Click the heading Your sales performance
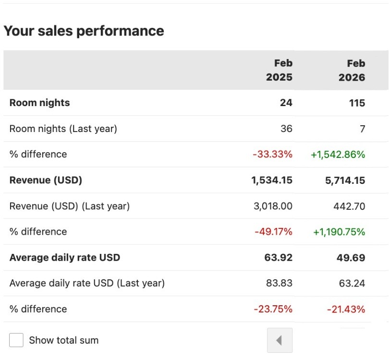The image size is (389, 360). pyautogui.click(x=84, y=31)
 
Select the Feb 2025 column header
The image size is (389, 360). pyautogui.click(x=279, y=70)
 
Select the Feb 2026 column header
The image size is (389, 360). pyautogui.click(x=352, y=70)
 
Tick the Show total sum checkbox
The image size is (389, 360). pyautogui.click(x=16, y=340)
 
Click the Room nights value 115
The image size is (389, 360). pyautogui.click(x=356, y=103)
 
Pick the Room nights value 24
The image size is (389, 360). pyautogui.click(x=286, y=103)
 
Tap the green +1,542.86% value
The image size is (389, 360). pyautogui.click(x=338, y=154)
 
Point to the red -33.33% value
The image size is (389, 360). pyautogui.click(x=272, y=154)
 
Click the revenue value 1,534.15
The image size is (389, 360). pyautogui.click(x=272, y=180)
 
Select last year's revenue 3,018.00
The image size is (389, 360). pyautogui.click(x=273, y=206)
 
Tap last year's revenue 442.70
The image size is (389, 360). pyautogui.click(x=349, y=206)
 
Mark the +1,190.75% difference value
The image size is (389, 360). pyautogui.click(x=339, y=232)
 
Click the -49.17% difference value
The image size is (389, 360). pyautogui.click(x=273, y=232)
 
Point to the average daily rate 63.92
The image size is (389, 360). pyautogui.click(x=279, y=258)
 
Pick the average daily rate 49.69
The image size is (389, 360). pyautogui.click(x=351, y=258)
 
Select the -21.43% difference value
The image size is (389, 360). pyautogui.click(x=346, y=309)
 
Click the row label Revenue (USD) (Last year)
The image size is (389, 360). pyautogui.click(x=70, y=206)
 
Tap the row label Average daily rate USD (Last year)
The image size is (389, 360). pyautogui.click(x=87, y=283)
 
